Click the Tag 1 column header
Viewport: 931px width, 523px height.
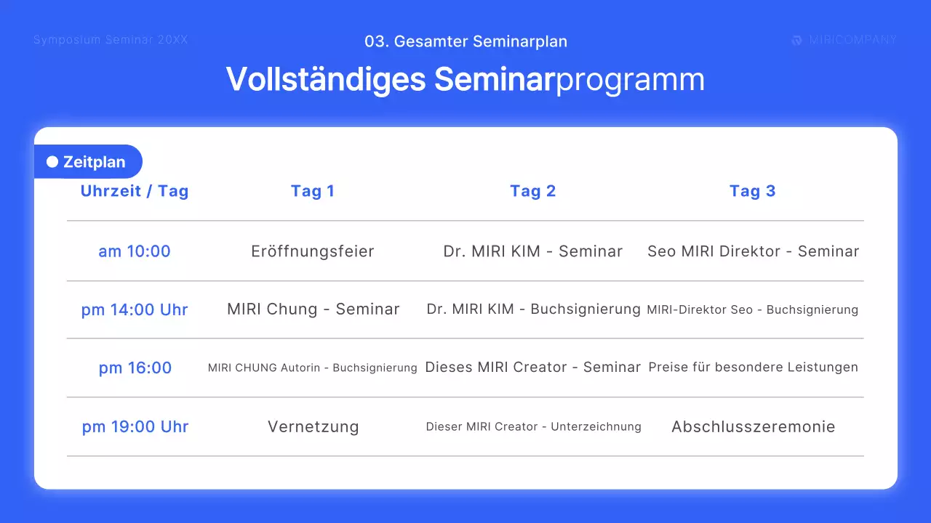(x=313, y=191)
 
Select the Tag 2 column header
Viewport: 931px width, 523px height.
(x=532, y=191)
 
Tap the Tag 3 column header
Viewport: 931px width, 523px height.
(x=752, y=191)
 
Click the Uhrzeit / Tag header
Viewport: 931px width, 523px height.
(x=135, y=191)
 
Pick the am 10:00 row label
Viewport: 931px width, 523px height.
(x=135, y=251)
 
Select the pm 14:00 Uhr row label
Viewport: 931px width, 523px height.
(x=135, y=309)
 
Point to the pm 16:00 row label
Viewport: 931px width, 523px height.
(x=135, y=368)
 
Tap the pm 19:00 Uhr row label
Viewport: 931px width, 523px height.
(x=135, y=426)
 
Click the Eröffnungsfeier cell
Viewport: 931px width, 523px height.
(x=313, y=251)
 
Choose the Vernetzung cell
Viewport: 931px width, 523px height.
(x=313, y=426)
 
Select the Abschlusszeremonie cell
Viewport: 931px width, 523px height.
(x=753, y=426)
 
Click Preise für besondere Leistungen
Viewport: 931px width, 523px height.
(x=753, y=368)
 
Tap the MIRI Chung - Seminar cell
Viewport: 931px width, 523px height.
(x=313, y=309)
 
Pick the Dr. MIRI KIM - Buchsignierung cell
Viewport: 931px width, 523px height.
(x=533, y=309)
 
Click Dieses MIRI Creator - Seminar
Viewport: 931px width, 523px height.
(x=532, y=368)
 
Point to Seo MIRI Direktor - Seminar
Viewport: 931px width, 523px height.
(x=753, y=251)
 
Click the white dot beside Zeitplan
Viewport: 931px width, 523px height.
(x=52, y=162)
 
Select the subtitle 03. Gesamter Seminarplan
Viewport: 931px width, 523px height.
(x=465, y=41)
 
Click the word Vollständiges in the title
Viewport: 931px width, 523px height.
(x=325, y=79)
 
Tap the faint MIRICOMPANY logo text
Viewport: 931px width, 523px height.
(x=852, y=40)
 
